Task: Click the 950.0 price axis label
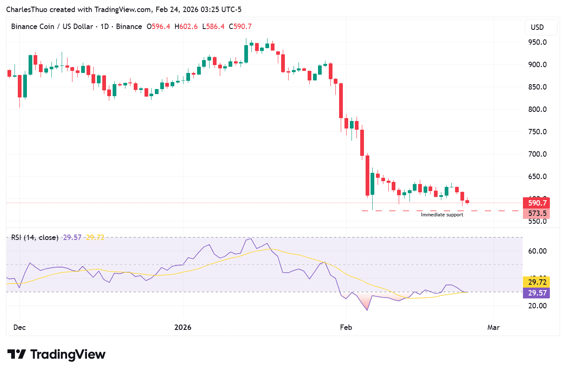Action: tap(537, 42)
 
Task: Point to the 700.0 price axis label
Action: tap(537, 154)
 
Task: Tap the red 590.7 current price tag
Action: tap(537, 203)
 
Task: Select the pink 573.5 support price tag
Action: tap(537, 213)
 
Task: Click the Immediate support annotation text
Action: tap(442, 215)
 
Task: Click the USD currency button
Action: tap(537, 27)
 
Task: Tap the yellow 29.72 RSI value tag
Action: tap(537, 282)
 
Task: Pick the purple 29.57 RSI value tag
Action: tap(537, 293)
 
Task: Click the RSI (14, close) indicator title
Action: tap(34, 237)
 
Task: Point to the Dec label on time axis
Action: tap(19, 327)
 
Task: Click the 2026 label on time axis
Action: tap(183, 327)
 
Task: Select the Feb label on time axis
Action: tap(346, 327)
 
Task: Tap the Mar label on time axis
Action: tap(493, 327)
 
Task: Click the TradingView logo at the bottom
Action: tap(56, 354)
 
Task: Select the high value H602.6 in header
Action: tap(186, 27)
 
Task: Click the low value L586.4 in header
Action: tap(213, 27)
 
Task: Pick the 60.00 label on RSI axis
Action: tap(537, 251)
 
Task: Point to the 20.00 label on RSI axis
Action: tap(537, 306)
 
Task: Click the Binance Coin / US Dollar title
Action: tap(52, 27)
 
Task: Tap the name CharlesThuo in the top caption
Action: tap(26, 10)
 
